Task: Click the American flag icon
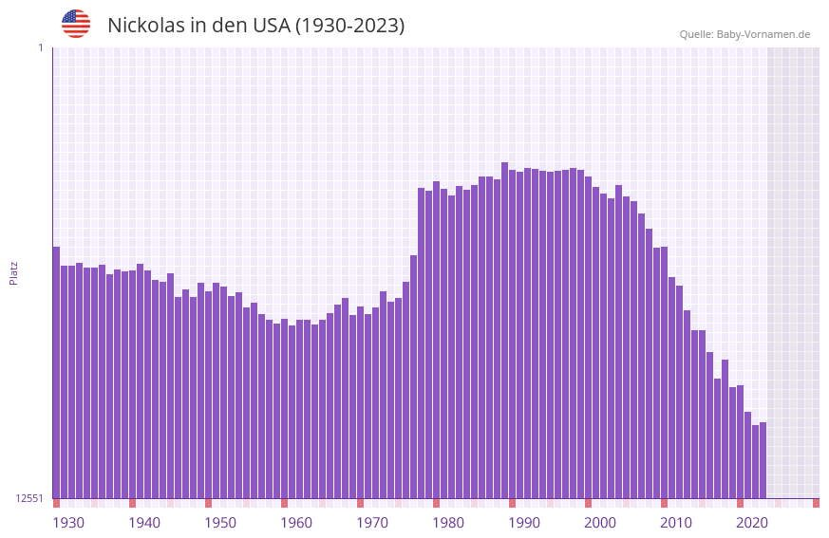coord(76,24)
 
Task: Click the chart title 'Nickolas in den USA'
coord(255,26)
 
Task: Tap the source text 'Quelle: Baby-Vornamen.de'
coord(744,34)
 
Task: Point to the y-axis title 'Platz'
coord(13,272)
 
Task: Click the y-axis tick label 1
coord(40,47)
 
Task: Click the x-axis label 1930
coord(68,522)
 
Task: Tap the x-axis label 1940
coord(144,522)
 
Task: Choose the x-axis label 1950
coord(220,522)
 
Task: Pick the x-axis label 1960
coord(296,522)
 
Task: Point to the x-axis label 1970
coord(372,522)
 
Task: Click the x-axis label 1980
coord(448,522)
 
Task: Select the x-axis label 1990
coord(524,522)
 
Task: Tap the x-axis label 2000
coord(600,522)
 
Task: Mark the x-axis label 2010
coord(676,522)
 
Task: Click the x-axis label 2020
coord(752,522)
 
